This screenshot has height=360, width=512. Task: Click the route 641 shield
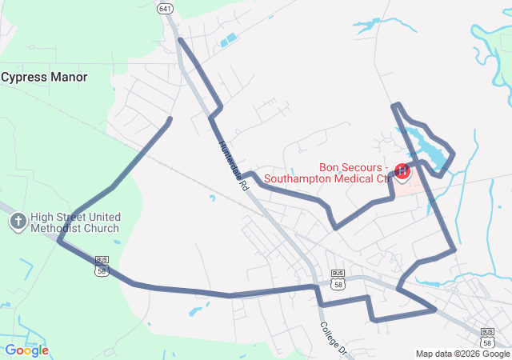pyautogui.click(x=165, y=9)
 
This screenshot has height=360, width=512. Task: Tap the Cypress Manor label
pyautogui.click(x=44, y=78)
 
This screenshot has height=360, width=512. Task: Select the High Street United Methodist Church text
pyautogui.click(x=75, y=222)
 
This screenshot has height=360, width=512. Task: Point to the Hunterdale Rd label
pyautogui.click(x=234, y=166)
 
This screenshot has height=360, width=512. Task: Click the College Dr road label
pyautogui.click(x=334, y=339)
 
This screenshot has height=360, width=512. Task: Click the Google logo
pyautogui.click(x=26, y=350)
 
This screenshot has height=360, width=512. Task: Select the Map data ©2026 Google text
pyautogui.click(x=462, y=354)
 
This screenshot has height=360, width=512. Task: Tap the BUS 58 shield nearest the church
pyautogui.click(x=102, y=266)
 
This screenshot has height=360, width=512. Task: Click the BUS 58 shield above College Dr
pyautogui.click(x=338, y=278)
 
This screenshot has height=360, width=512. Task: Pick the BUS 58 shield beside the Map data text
pyautogui.click(x=487, y=336)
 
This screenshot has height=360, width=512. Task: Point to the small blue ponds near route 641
pyautogui.click(x=230, y=38)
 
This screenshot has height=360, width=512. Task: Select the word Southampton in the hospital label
pyautogui.click(x=298, y=178)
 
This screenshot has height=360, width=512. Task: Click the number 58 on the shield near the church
pyautogui.click(x=102, y=271)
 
